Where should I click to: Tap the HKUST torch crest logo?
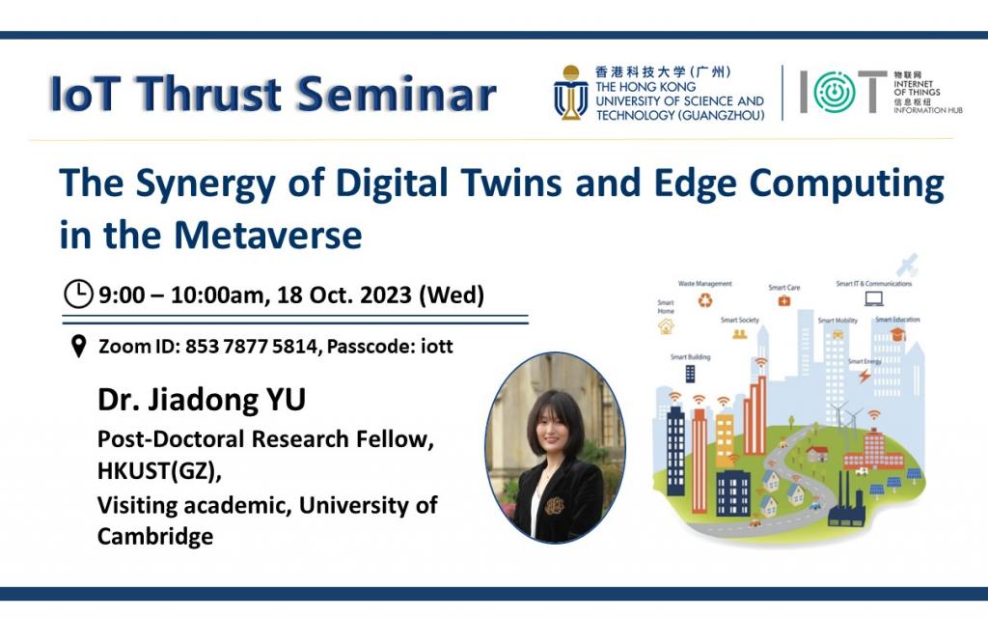pos(570,94)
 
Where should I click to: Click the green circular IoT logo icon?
pos(829,93)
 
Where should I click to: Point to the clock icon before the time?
pos(78,293)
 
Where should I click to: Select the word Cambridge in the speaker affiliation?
pos(155,536)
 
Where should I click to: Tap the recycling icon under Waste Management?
pos(704,300)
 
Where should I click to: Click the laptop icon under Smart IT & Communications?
pos(873,298)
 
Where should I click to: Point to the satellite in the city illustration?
pos(908,265)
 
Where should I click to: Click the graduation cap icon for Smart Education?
pos(897,334)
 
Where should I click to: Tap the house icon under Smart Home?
pos(666,327)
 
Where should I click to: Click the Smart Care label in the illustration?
pos(783,288)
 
